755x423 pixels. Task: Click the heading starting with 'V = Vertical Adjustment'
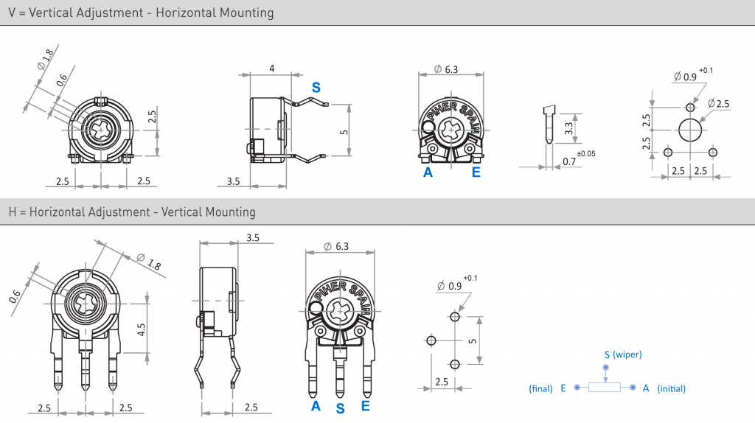click(x=141, y=13)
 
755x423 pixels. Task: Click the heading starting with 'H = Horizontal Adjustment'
click(x=132, y=212)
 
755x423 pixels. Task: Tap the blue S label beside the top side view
click(x=316, y=88)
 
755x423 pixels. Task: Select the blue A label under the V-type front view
click(x=427, y=173)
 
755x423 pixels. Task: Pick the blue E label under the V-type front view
click(x=476, y=173)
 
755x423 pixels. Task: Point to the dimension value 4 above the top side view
click(x=272, y=69)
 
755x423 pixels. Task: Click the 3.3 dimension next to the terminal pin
click(x=569, y=127)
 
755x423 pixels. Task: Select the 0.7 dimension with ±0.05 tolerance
click(x=569, y=161)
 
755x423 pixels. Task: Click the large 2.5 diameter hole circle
click(x=690, y=130)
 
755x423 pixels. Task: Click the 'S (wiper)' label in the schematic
click(x=622, y=354)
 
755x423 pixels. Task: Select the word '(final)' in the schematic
click(x=540, y=388)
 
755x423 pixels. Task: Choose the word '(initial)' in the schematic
click(x=671, y=388)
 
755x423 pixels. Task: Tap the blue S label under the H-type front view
click(x=340, y=408)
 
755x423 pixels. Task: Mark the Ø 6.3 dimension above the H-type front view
click(x=337, y=247)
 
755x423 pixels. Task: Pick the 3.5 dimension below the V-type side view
click(x=233, y=181)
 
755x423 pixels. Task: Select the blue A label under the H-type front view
click(x=316, y=406)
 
